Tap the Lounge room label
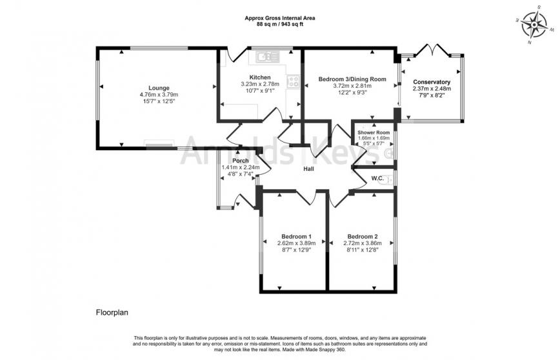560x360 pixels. (159, 88)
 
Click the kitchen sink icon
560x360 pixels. (265, 58)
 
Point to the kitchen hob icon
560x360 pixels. (293, 82)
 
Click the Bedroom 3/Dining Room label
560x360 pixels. (352, 79)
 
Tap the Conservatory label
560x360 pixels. (432, 82)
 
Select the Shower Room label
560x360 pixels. (374, 132)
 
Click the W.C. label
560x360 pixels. (377, 178)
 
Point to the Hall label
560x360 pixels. (309, 169)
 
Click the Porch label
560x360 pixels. (241, 161)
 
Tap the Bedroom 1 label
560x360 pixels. (297, 235)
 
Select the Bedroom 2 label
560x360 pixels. (362, 235)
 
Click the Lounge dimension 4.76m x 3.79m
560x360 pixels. (159, 95)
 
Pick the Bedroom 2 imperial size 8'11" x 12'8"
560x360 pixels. (362, 250)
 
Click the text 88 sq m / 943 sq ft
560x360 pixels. (279, 25)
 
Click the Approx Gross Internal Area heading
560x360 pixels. (279, 18)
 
